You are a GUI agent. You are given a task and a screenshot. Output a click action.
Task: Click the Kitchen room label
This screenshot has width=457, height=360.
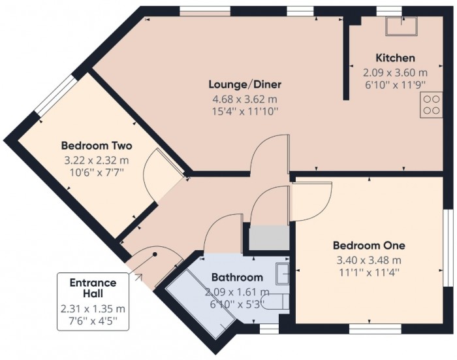coord(395,58)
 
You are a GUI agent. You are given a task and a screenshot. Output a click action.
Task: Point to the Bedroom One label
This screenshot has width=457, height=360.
coord(369,246)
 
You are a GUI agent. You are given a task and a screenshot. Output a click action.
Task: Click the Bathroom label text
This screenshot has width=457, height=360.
coord(238,277)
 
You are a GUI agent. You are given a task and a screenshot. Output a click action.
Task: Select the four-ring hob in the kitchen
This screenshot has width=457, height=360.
coord(432,104)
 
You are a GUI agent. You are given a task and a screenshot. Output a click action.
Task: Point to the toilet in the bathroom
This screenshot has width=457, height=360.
coord(277,301)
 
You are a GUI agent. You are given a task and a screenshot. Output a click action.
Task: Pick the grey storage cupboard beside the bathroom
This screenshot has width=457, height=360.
coord(267,237)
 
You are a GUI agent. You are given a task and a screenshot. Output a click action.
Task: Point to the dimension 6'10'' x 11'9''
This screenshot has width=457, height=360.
coord(395,84)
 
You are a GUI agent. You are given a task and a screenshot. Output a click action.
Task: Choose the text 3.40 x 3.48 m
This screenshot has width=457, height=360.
coord(369,259)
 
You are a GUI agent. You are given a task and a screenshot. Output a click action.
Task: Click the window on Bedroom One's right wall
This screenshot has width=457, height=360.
coord(449,248)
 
